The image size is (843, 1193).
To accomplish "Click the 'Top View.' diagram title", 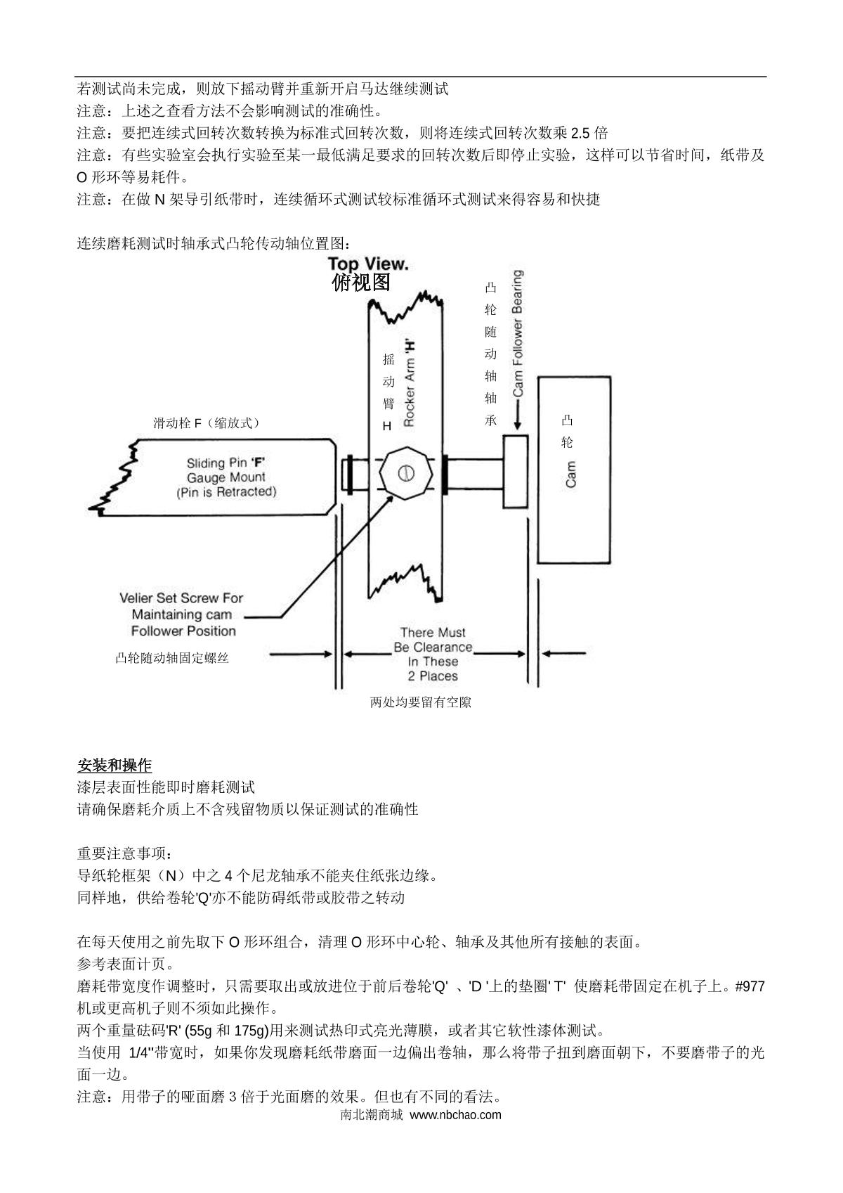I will [367, 264].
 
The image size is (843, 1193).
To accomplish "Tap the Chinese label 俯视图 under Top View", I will [360, 283].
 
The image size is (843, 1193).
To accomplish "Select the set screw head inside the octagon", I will [404, 473].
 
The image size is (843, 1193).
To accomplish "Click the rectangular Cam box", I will [573, 470].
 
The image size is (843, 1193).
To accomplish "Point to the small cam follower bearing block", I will [515, 470].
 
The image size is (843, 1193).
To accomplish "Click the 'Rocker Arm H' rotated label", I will [409, 383].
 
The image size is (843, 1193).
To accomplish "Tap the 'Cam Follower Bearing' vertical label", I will [518, 333].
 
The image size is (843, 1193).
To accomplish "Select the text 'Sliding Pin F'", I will [226, 463].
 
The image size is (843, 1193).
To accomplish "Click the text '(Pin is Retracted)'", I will [226, 492].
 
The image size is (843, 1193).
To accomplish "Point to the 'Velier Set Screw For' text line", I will [181, 598].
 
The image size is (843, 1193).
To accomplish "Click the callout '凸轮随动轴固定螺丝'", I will [172, 659].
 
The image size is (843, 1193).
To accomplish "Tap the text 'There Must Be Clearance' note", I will [433, 640].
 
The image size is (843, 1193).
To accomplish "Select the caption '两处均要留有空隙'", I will [421, 702].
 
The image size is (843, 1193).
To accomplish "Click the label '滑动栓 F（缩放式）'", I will [207, 423].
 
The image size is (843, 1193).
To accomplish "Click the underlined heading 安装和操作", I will [114, 765].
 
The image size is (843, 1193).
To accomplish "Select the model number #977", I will [750, 986].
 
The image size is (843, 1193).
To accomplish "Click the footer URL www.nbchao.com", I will [455, 1114].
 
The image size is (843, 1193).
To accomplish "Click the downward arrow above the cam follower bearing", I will [518, 419].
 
